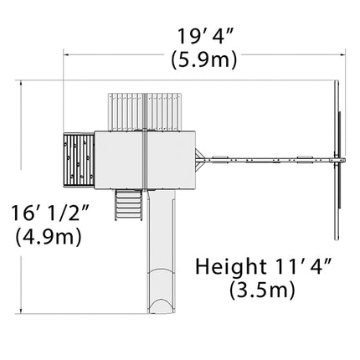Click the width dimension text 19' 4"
(x=205, y=36)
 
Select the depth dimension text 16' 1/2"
(x=49, y=213)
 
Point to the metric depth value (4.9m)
(x=49, y=237)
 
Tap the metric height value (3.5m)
(x=262, y=290)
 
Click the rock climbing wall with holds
(x=79, y=161)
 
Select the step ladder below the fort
(x=128, y=204)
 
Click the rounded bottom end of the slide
(x=162, y=306)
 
